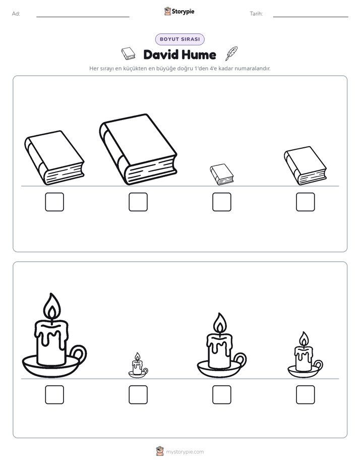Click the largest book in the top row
point(138,149)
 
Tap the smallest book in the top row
point(222,174)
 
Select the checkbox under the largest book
point(138,202)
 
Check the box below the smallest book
point(222,202)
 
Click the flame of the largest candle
point(52,306)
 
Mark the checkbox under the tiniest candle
point(138,395)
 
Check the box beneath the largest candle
point(54,395)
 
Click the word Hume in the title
point(199,54)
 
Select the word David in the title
point(161,54)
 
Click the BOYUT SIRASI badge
point(180,39)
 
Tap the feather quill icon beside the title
point(232,53)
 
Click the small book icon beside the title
point(128,53)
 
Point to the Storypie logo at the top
point(179,11)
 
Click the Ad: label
point(16,14)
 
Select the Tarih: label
point(256,14)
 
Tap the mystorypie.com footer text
point(185,452)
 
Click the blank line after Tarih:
point(311,17)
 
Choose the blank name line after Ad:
point(83,17)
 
